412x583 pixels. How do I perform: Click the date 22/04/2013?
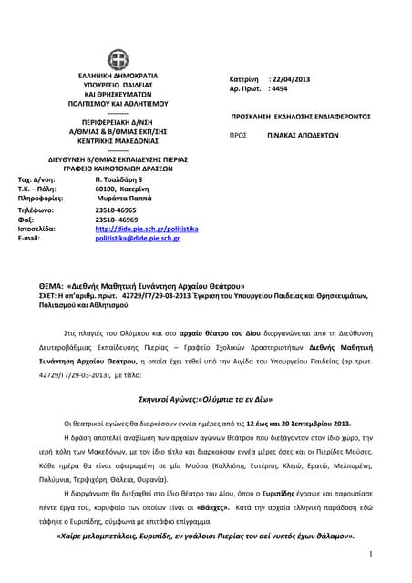[x=290, y=80]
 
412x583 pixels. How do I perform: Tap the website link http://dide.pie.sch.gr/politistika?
[x=146, y=229]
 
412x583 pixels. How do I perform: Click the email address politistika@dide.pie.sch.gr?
[x=138, y=239]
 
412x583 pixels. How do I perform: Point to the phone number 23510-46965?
[x=116, y=209]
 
